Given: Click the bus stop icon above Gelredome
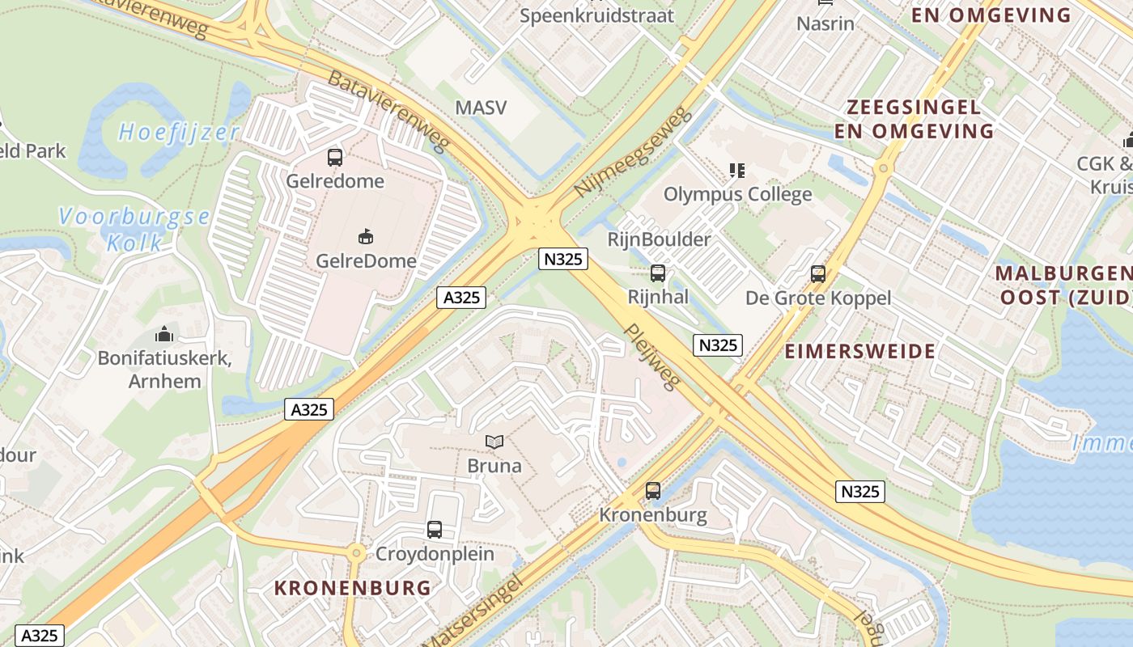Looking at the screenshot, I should (335, 158).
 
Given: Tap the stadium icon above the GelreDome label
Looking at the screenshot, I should (366, 236).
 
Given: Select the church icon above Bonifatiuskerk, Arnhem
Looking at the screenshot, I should (164, 334).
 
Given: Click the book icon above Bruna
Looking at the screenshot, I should (494, 442).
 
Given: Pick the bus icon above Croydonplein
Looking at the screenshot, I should (435, 530).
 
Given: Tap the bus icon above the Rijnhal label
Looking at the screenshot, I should (658, 273).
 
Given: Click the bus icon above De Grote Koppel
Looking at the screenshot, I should (818, 274).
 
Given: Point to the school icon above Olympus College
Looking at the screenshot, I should (736, 171).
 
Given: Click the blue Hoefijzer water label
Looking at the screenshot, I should (179, 132).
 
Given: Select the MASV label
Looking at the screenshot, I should (481, 108).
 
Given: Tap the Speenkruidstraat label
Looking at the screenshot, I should (596, 15).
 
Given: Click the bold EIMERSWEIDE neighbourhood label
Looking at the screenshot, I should (859, 351).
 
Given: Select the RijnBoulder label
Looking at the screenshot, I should (659, 239).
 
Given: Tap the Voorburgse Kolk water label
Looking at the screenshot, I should (134, 229).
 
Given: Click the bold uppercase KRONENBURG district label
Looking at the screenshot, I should (352, 588).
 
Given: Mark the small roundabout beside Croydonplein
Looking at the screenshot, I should (356, 554).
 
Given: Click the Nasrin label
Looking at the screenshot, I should (825, 23).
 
